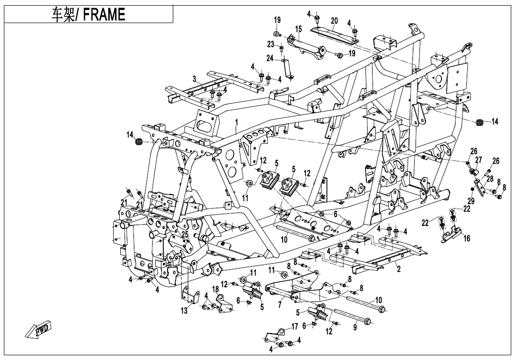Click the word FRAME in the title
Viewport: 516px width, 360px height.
click(105, 15)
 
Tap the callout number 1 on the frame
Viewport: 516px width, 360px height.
click(236, 123)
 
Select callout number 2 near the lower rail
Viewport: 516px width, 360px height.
click(399, 269)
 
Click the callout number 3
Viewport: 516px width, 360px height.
click(194, 78)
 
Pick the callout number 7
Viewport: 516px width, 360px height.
click(280, 305)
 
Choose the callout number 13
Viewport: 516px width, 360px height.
click(184, 311)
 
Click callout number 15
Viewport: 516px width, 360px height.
click(298, 29)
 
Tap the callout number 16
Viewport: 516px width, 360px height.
click(467, 238)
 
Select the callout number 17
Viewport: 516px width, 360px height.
click(294, 326)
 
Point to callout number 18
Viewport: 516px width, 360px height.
click(215, 289)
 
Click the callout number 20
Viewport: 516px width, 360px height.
click(334, 20)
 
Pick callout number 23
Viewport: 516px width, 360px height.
click(270, 44)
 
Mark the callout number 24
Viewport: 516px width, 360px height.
click(269, 58)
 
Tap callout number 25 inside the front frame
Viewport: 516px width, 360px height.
click(185, 234)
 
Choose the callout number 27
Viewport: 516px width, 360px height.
click(479, 160)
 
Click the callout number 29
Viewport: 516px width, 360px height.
click(471, 201)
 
